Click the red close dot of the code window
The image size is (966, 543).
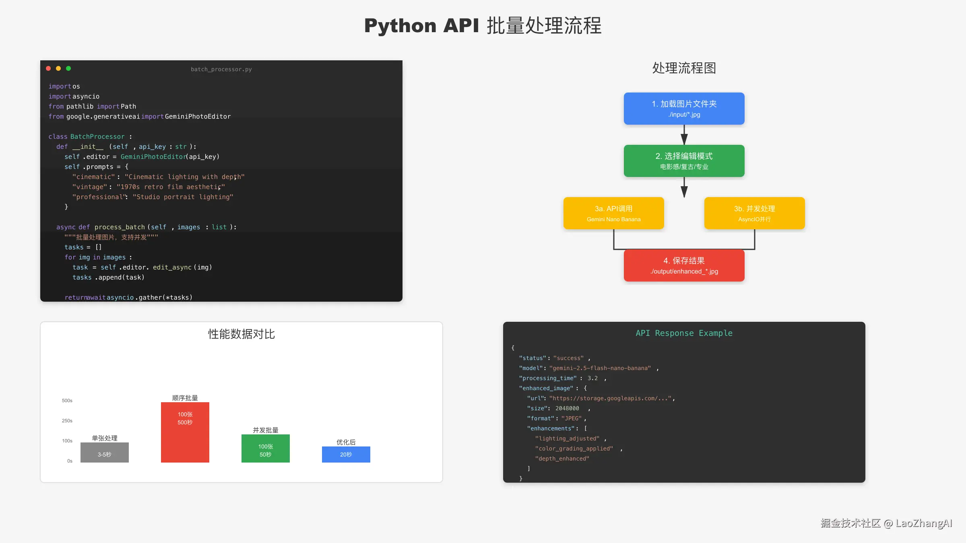[48, 68]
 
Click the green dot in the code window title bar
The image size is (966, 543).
[68, 68]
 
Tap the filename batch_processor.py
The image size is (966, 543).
[221, 69]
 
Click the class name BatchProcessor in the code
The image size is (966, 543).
[97, 137]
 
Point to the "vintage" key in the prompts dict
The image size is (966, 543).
[89, 187]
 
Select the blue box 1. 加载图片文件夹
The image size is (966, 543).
[684, 109]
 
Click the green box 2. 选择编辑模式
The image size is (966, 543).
[684, 161]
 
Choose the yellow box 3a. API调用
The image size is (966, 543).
[613, 213]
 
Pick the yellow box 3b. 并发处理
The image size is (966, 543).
[754, 213]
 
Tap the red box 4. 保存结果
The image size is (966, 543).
[684, 265]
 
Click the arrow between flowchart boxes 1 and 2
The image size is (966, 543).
[684, 135]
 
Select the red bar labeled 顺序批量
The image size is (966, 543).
[185, 432]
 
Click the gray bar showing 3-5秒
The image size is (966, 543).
[104, 452]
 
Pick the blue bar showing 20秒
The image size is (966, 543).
[346, 455]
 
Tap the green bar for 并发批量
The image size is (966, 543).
[265, 448]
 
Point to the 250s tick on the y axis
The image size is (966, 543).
[67, 421]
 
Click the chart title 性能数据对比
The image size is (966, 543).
[241, 334]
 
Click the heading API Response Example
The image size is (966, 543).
[684, 333]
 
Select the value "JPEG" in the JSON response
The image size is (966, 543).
[571, 418]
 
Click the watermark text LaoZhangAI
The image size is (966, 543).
[923, 523]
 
